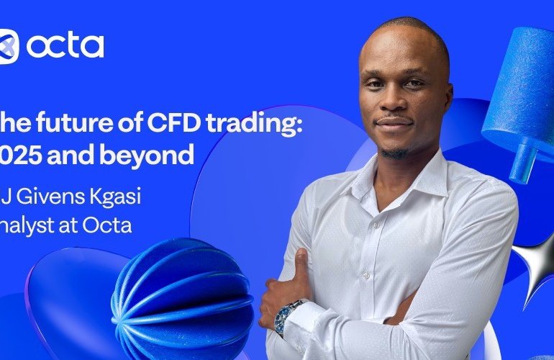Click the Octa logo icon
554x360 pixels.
(8, 45)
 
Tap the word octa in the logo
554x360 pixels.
(65, 45)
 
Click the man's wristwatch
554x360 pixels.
(282, 317)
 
